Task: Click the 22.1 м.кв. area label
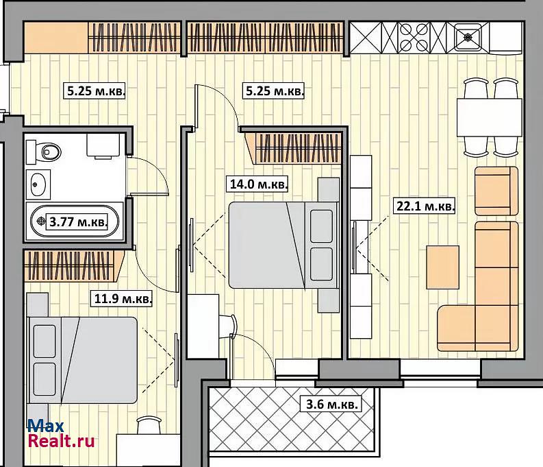(x=425, y=206)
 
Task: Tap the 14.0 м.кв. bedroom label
(x=259, y=184)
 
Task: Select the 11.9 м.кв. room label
(x=123, y=298)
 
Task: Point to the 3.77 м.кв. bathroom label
(x=78, y=221)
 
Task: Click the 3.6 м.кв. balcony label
(x=331, y=404)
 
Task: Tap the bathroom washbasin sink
(x=38, y=184)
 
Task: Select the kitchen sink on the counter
(x=468, y=36)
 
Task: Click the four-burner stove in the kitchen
(x=414, y=37)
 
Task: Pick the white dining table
(x=490, y=117)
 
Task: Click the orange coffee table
(x=442, y=267)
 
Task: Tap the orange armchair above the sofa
(x=496, y=191)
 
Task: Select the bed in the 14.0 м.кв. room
(x=283, y=245)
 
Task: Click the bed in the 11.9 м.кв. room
(x=82, y=360)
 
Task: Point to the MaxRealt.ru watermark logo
(x=61, y=433)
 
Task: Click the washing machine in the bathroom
(x=103, y=146)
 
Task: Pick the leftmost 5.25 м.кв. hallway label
(x=96, y=91)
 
